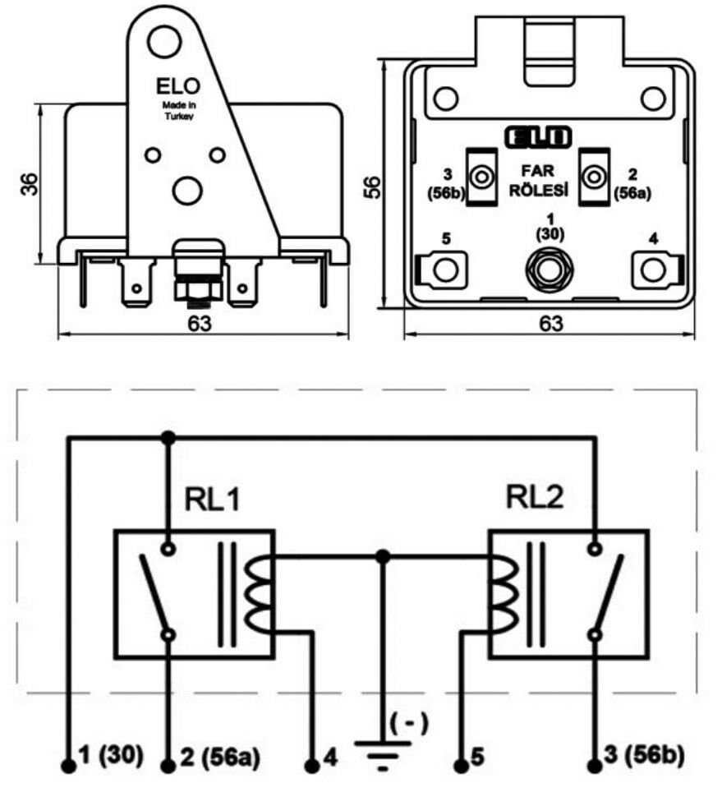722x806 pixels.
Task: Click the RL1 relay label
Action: coord(212,500)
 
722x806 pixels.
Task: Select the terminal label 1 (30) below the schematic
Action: coord(113,754)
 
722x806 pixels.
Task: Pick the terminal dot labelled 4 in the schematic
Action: coord(312,766)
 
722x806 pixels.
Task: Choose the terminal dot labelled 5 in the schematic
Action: coord(461,766)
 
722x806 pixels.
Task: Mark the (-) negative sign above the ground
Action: coord(408,723)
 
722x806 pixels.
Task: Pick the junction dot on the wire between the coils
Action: coord(382,556)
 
